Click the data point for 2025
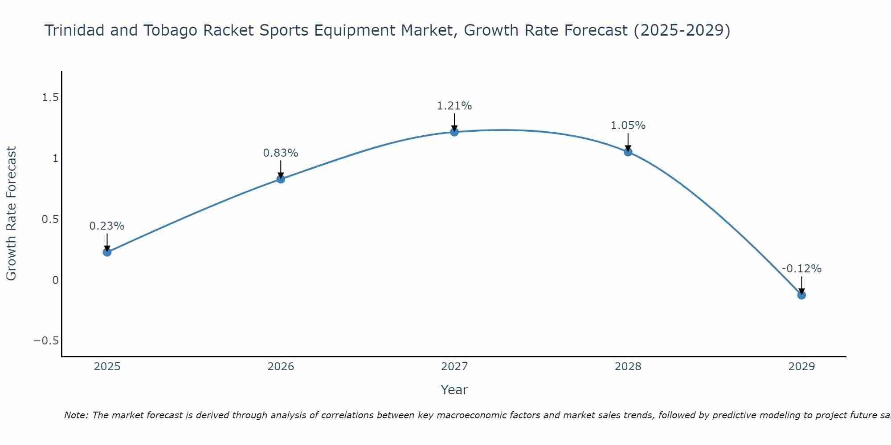[107, 252]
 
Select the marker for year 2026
[281, 179]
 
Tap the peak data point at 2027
[454, 132]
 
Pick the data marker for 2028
[628, 152]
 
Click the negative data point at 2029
[801, 295]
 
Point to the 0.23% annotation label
[107, 226]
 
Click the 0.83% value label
[281, 153]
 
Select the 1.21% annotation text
[454, 106]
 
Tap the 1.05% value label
[628, 125]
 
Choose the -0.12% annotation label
[801, 269]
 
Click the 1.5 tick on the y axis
[50, 97]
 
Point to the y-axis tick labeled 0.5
[50, 219]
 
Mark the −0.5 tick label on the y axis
[46, 341]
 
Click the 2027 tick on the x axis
[454, 367]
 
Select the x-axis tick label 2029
[801, 367]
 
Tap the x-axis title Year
[454, 390]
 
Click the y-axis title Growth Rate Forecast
[12, 214]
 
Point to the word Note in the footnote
[76, 415]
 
